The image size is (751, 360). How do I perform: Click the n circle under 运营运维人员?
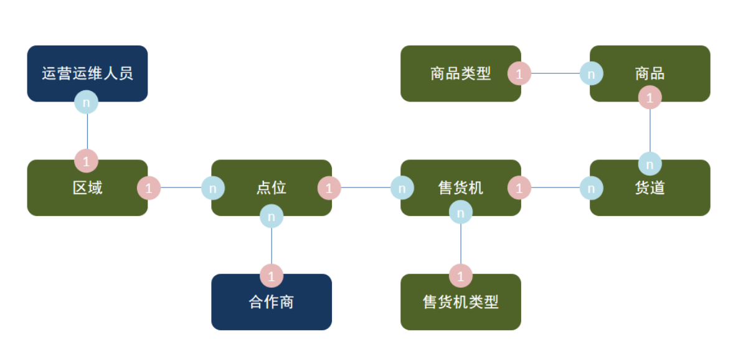pyautogui.click(x=87, y=102)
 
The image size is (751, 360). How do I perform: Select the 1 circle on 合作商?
pyautogui.click(x=272, y=275)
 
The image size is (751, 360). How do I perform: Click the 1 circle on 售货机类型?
pyautogui.click(x=461, y=275)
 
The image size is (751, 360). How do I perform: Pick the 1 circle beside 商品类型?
pyautogui.click(x=519, y=73)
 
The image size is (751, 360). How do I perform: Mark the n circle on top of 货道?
pyautogui.click(x=650, y=164)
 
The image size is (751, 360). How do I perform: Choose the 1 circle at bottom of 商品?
pyautogui.click(x=650, y=97)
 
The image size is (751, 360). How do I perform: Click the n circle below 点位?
pyautogui.click(x=272, y=216)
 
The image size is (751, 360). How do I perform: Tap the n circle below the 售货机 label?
pyautogui.click(x=461, y=213)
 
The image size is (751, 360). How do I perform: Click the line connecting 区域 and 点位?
pyautogui.click(x=181, y=187)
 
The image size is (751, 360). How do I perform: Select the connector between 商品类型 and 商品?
pyautogui.click(x=555, y=73)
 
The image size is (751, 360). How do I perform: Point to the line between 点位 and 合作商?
pyautogui.click(x=272, y=245)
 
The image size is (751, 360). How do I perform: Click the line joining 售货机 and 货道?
pyautogui.click(x=555, y=187)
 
